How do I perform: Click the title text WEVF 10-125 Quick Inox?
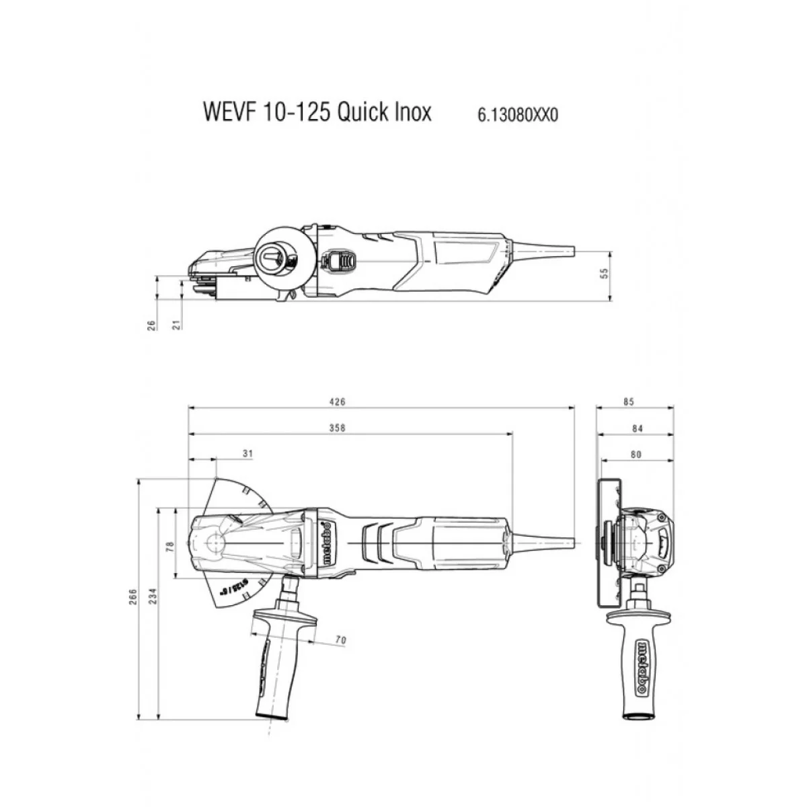click(x=317, y=112)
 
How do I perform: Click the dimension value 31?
click(x=247, y=454)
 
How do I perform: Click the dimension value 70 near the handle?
click(x=340, y=640)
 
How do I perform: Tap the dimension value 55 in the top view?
click(x=604, y=273)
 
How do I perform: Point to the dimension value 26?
click(x=152, y=324)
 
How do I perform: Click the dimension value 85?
click(x=629, y=401)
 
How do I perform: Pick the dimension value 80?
click(x=636, y=455)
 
